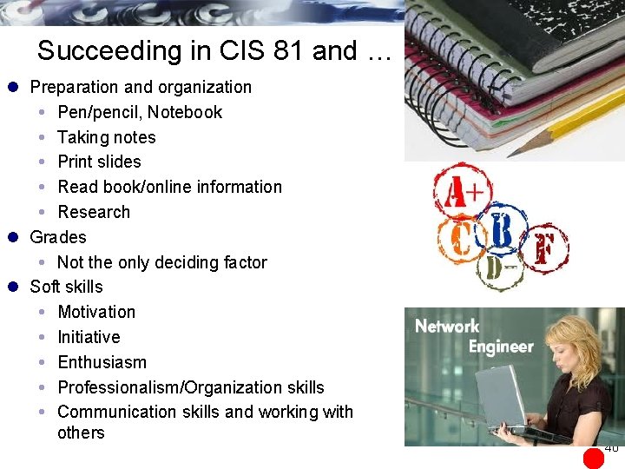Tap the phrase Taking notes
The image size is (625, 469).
(x=106, y=137)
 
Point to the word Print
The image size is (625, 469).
(x=76, y=162)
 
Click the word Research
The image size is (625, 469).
(x=93, y=212)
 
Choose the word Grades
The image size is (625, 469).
(x=58, y=237)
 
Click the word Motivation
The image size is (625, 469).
(x=95, y=312)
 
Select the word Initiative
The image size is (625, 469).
(x=89, y=337)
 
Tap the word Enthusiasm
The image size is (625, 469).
(x=102, y=362)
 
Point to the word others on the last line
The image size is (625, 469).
(x=81, y=433)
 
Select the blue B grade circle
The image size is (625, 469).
(x=501, y=228)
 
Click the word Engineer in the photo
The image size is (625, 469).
(x=501, y=347)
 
